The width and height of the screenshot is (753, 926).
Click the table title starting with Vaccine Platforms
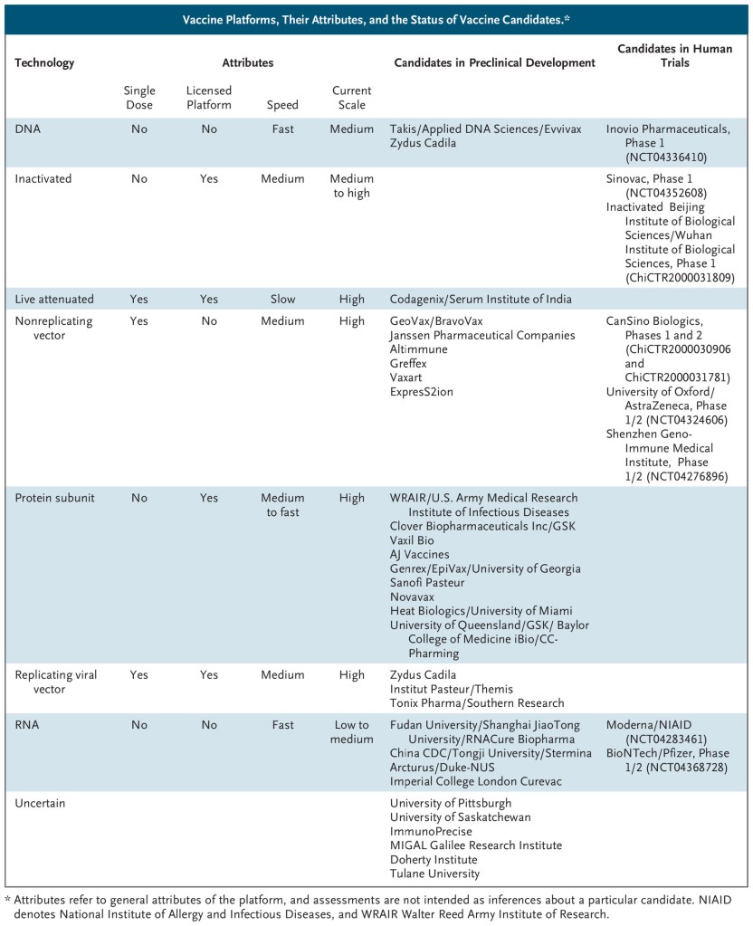[x=375, y=19]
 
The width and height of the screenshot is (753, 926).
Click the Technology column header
[x=44, y=63]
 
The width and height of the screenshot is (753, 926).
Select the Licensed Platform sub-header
[x=209, y=98]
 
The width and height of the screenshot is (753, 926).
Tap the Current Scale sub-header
[x=351, y=98]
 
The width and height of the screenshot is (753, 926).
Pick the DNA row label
[x=27, y=129]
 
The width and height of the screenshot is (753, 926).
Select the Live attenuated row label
[x=52, y=300]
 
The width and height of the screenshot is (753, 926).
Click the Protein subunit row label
[x=54, y=498]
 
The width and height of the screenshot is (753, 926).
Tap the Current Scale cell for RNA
[x=351, y=732]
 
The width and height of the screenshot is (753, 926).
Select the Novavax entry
[x=414, y=597]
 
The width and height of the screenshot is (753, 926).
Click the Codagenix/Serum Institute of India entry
[x=481, y=300]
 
